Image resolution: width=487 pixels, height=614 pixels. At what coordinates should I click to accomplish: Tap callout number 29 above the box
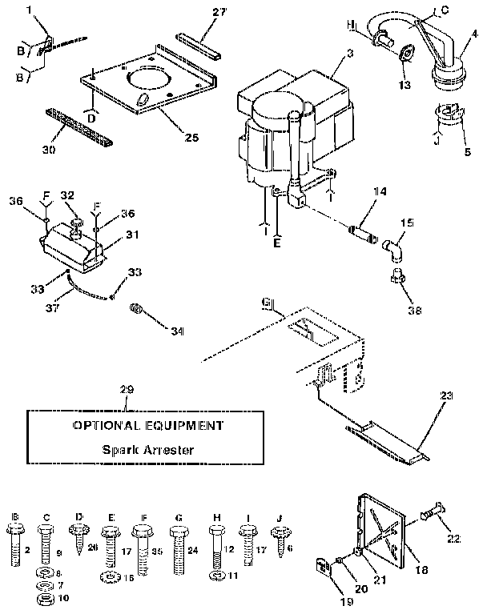(125, 390)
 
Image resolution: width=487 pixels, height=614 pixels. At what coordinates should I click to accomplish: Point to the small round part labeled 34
(137, 308)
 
